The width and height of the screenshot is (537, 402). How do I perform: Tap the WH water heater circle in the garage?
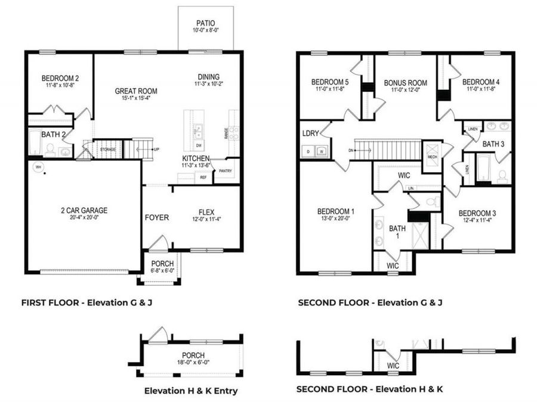coord(38,168)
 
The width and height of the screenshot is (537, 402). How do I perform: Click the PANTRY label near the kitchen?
coord(226,170)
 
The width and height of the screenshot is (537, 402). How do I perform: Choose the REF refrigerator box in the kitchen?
coord(203,177)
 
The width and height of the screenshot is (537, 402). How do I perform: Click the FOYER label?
coord(156,217)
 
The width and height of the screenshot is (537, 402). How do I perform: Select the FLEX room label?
coord(206,210)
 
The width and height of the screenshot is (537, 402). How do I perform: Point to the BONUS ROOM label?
coord(405,83)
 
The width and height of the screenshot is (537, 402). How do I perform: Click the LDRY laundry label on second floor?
coord(310,133)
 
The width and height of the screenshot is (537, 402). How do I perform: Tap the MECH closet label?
coord(431,157)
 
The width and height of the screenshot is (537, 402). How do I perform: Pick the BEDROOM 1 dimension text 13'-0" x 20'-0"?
coord(335,219)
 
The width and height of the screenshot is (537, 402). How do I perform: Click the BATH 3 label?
coord(493,144)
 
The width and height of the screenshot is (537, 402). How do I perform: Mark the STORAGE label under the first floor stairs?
coord(107,149)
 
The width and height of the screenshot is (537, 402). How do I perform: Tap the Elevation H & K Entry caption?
coord(191,391)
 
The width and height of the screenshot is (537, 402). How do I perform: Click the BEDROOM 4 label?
coord(480,82)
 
